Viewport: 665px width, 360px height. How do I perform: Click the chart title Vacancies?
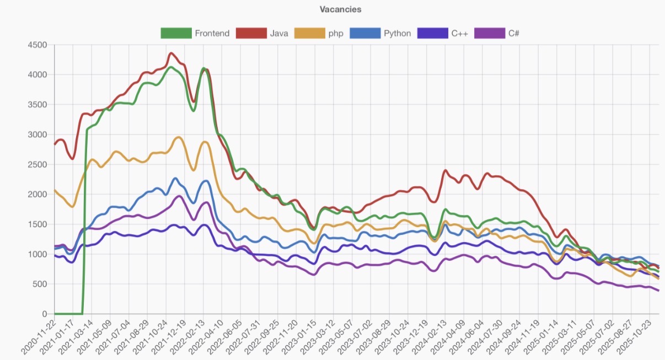coord(340,9)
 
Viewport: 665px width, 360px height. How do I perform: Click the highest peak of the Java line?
coord(171,53)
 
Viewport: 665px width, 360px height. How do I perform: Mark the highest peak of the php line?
coord(178,137)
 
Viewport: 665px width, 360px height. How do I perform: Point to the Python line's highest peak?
coord(175,178)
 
